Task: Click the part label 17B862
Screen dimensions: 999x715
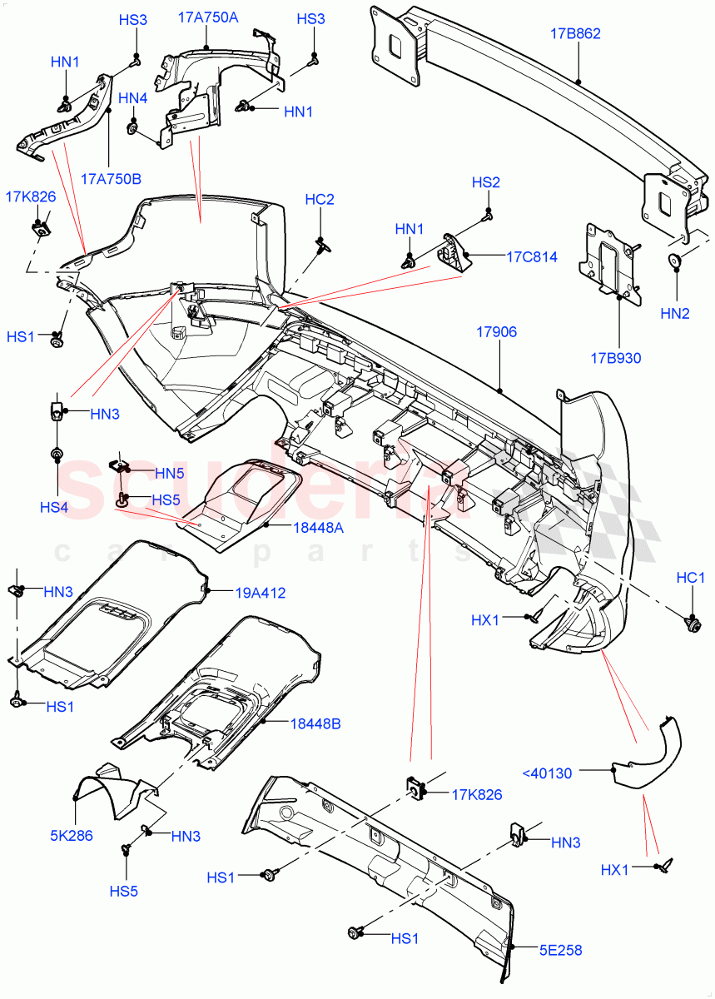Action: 575,34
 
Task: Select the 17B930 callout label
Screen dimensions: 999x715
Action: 616,359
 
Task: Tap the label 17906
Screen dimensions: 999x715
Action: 496,332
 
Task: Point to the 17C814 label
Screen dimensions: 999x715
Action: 532,257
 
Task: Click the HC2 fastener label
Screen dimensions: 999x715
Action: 320,200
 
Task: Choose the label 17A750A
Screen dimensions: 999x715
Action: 206,17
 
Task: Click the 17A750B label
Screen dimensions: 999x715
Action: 111,178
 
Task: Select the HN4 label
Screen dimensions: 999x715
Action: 132,98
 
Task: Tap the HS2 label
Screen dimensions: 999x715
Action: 486,182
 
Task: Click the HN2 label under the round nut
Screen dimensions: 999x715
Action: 675,314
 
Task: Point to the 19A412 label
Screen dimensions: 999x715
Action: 260,593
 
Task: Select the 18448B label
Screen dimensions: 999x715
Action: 315,723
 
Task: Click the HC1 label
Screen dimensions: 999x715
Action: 691,577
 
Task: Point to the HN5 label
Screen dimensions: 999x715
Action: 169,473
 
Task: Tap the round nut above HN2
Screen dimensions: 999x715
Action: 675,261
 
